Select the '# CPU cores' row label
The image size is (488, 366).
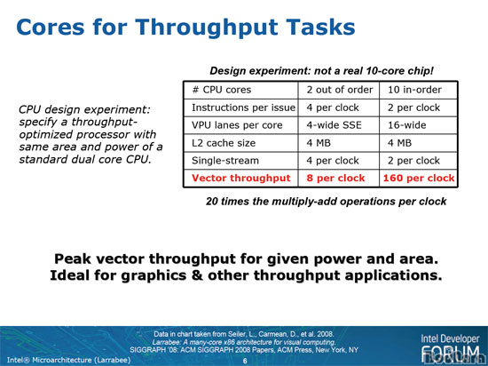coord(222,90)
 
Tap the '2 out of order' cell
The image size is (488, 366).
coord(340,90)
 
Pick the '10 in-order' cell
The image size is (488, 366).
coord(414,90)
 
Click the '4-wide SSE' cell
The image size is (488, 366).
coord(334,125)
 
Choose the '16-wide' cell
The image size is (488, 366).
coord(406,125)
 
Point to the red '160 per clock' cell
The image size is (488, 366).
coord(419,179)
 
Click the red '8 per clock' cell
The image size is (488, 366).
coord(335,179)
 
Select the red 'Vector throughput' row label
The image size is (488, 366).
coord(240,179)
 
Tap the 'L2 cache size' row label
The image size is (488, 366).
coord(224,143)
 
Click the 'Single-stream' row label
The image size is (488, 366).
coord(225,161)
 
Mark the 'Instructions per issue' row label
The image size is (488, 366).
coord(243,107)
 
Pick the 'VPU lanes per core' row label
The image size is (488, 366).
coord(237,125)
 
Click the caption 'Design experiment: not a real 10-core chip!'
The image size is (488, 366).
coord(321,71)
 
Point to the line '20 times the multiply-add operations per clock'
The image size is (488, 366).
coord(326,202)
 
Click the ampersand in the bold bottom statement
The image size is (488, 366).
coord(197,275)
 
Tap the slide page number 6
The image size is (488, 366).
coord(245,361)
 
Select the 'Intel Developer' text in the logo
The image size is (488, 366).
coord(450,339)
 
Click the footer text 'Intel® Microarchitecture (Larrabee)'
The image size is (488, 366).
coord(68,360)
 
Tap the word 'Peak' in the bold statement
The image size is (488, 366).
coord(74,259)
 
